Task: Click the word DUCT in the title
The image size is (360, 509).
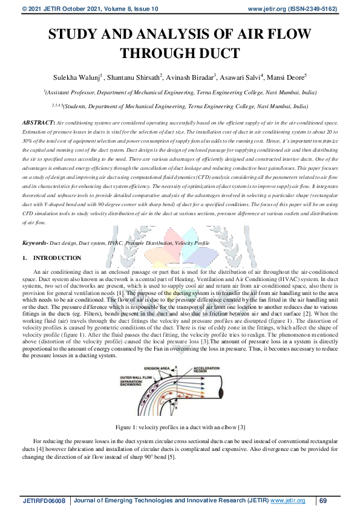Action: [x=216, y=53]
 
